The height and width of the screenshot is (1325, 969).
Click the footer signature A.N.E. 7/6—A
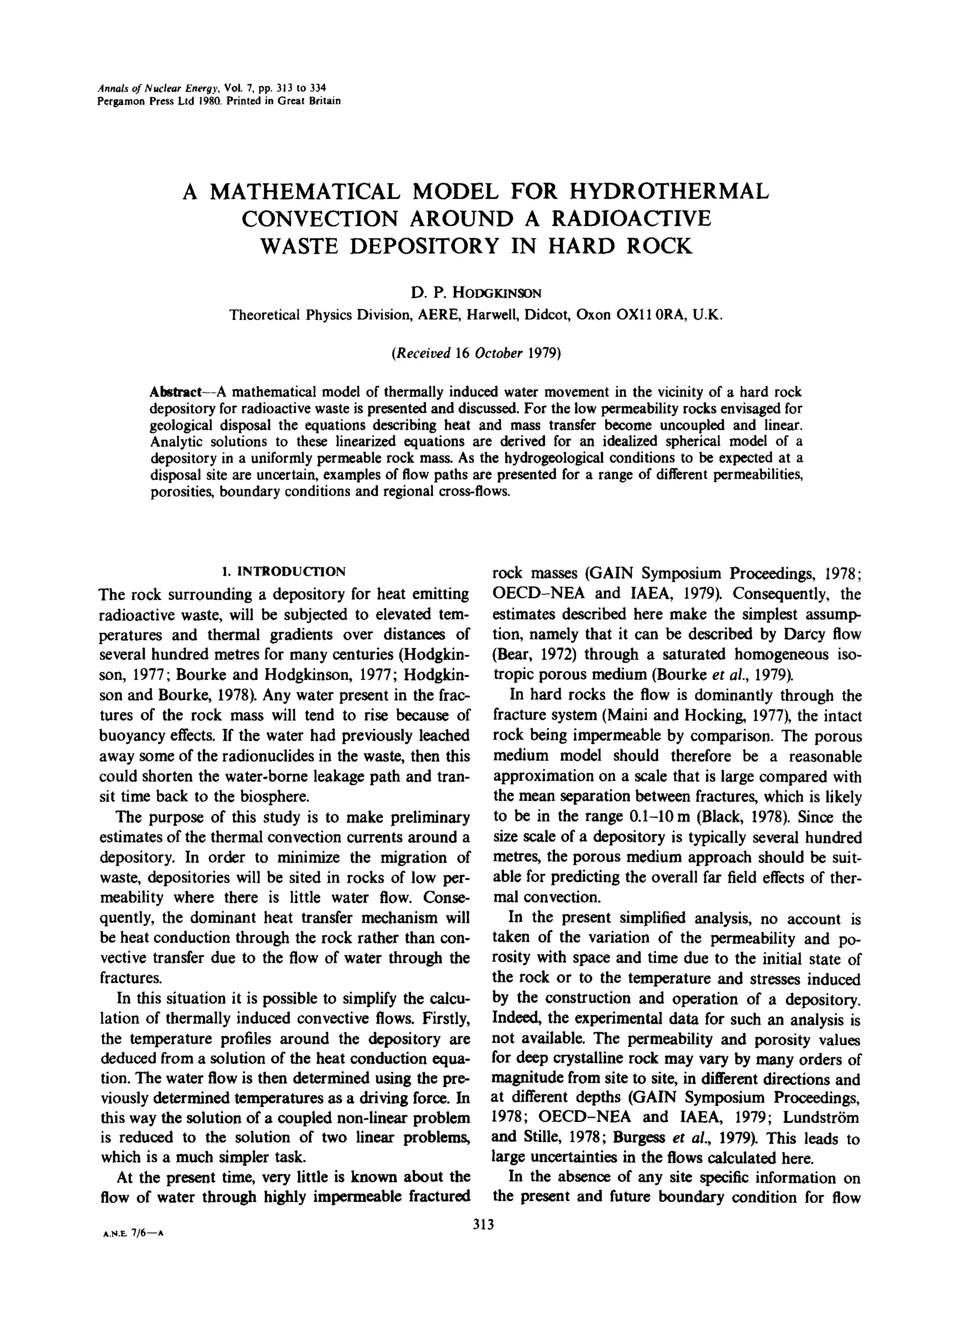pyautogui.click(x=132, y=1235)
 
